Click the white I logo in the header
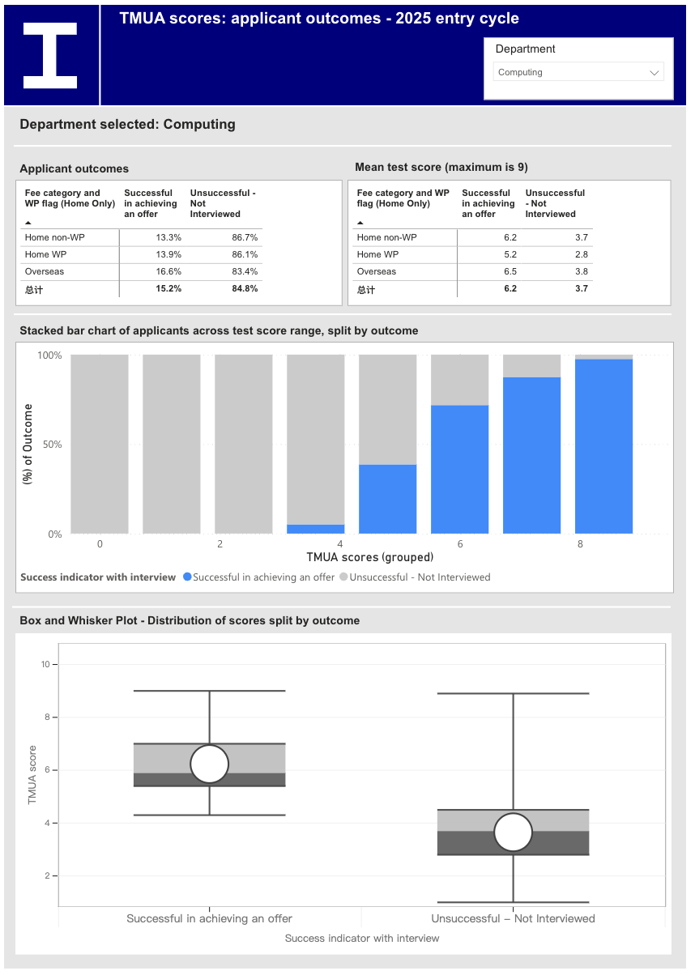[50, 56]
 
